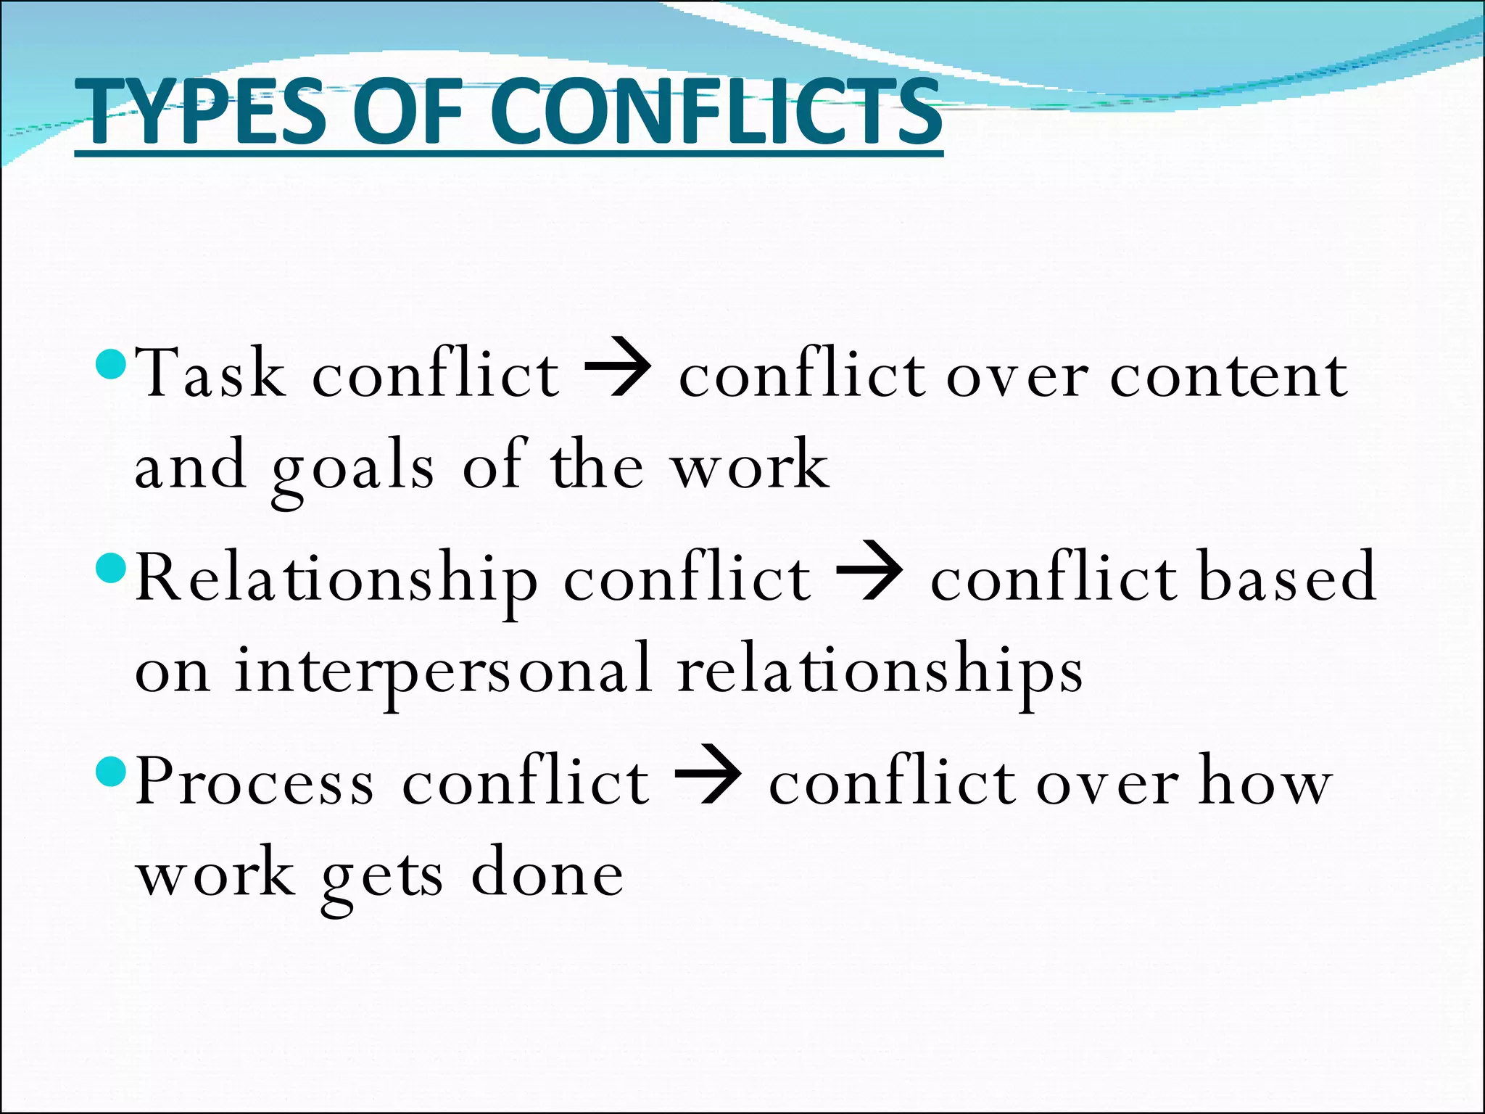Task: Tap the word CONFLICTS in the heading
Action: [x=719, y=112]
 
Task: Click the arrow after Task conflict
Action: [x=618, y=374]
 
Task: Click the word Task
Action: [x=210, y=374]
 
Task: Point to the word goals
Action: [x=353, y=468]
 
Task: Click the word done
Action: [x=547, y=873]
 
